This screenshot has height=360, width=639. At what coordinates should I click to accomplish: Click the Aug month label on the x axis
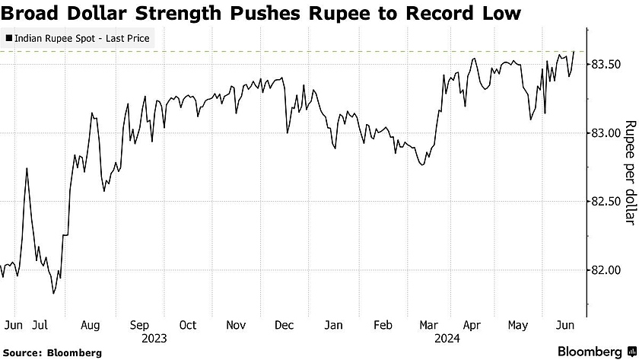[x=90, y=325]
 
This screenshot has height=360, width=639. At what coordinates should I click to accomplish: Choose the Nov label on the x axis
[x=236, y=325]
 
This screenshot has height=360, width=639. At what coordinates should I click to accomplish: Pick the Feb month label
[x=385, y=325]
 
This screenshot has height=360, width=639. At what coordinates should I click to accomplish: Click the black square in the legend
[x=8, y=37]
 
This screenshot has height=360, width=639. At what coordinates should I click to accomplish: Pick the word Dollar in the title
[x=97, y=13]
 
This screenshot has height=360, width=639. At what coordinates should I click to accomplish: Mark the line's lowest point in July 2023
[x=53, y=293]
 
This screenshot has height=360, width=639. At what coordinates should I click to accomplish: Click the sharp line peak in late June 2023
[x=27, y=168]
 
